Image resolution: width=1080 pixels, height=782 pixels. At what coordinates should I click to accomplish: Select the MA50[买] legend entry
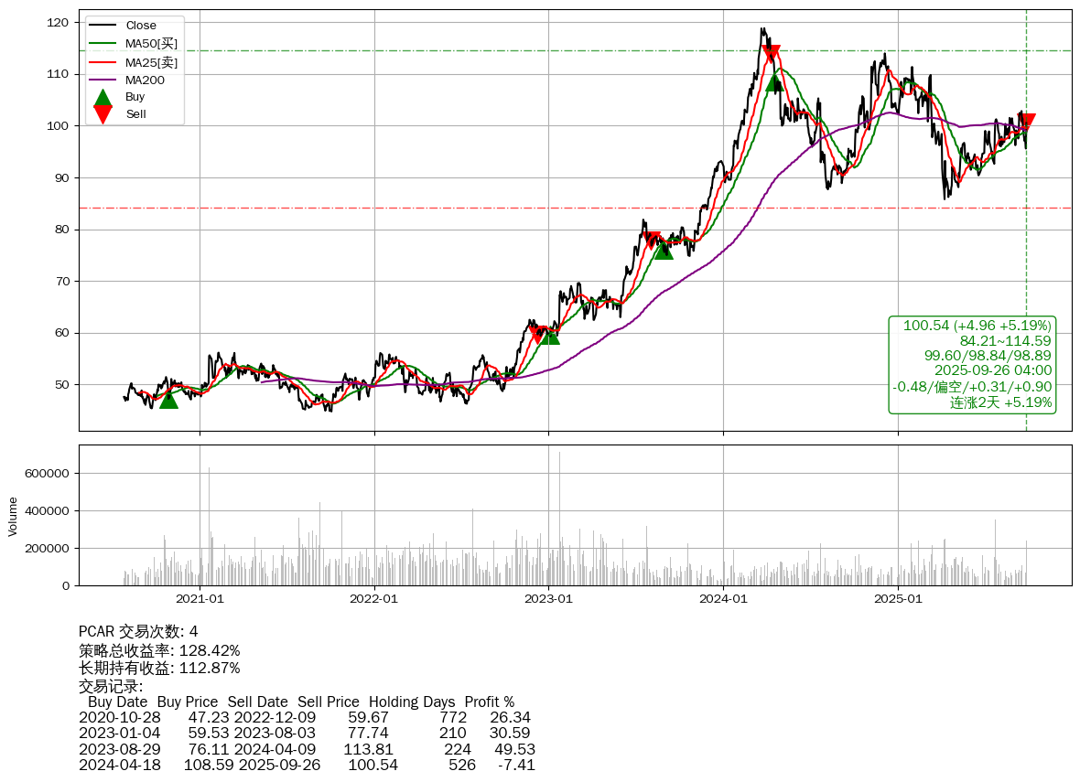151,43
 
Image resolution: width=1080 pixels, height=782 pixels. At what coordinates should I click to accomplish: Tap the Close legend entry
141,26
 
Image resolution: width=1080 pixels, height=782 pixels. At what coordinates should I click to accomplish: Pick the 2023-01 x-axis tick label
548,599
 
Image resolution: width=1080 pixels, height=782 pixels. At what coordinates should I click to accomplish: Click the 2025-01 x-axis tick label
898,599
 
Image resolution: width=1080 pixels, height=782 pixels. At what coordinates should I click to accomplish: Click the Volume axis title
13,516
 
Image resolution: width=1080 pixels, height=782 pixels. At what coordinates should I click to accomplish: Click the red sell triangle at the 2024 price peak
771,54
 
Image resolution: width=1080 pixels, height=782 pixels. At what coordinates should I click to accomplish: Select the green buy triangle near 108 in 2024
774,83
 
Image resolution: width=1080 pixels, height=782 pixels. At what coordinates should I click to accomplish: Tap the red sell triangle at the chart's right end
1027,122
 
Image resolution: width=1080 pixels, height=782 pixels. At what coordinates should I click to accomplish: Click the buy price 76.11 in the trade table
209,749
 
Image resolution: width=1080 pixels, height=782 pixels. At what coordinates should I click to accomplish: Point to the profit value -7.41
516,765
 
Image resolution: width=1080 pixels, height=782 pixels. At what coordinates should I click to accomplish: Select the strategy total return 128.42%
210,650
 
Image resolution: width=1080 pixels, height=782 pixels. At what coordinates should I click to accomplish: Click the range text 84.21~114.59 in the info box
1005,341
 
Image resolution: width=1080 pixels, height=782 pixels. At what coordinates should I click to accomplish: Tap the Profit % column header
490,702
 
